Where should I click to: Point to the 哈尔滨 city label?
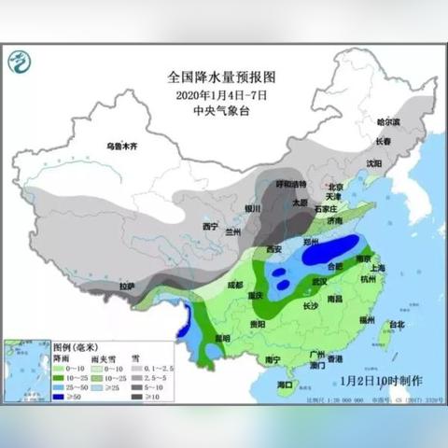(388, 122)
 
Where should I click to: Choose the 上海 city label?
(378, 268)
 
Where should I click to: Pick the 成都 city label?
(221, 286)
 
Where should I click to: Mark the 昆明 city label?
(221, 338)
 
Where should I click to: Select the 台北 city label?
(396, 325)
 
